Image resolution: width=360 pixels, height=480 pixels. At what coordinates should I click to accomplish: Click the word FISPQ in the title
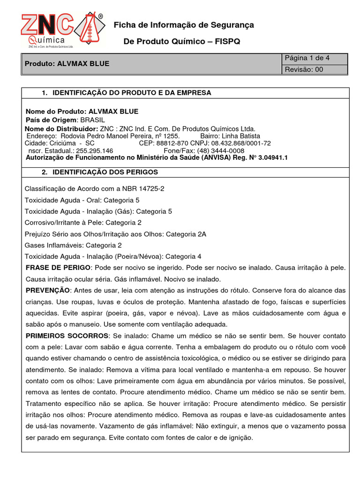point(227,42)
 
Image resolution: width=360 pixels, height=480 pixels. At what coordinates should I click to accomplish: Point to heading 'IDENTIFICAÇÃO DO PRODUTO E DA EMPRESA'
point(132,93)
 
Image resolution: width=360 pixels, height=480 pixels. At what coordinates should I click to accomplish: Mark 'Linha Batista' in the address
point(240,135)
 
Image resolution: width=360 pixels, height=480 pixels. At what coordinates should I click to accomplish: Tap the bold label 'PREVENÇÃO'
point(47,290)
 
